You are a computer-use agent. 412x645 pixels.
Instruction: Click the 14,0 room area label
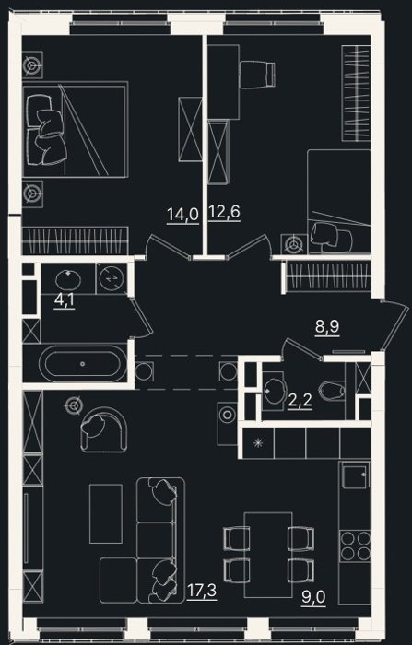182,215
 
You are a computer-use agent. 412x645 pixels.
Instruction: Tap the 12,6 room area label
224,212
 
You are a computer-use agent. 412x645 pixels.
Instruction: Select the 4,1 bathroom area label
65,299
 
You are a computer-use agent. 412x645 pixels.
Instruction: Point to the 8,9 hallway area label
327,327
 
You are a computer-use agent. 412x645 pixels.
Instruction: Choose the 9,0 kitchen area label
313,597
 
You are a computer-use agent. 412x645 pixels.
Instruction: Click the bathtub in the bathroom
83,364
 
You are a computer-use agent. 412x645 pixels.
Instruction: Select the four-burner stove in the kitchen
355,545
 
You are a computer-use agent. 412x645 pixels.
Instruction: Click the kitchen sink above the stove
355,475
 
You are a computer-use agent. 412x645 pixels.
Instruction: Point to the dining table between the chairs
268,555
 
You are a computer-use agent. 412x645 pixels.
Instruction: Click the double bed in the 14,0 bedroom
76,129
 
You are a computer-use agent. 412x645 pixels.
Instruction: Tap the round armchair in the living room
103,430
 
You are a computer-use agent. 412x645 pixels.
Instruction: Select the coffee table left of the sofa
106,513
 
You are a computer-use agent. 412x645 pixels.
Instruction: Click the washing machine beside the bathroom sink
112,278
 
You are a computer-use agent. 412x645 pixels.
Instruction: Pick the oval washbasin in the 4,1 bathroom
68,280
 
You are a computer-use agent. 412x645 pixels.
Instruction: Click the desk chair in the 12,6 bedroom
257,74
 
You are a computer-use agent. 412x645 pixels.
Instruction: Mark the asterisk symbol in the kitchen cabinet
258,443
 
